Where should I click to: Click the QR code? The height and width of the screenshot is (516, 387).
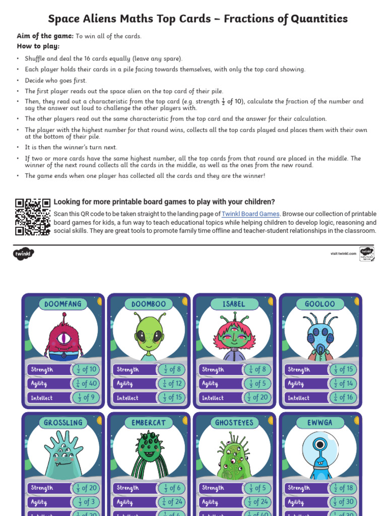(x=33, y=217)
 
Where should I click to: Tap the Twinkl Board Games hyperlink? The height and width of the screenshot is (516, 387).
(x=250, y=214)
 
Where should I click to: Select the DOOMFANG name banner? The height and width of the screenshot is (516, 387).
(x=63, y=304)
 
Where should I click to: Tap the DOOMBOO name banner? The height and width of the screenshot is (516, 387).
(x=149, y=304)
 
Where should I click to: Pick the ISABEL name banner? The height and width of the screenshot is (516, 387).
(x=234, y=304)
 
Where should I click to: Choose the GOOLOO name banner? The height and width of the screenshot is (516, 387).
(x=319, y=304)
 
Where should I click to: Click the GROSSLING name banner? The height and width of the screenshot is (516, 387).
(x=63, y=422)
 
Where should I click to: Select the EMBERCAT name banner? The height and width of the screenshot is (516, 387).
(x=149, y=422)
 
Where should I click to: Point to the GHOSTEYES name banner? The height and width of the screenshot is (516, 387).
(x=234, y=422)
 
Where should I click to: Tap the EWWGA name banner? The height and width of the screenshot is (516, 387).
(x=319, y=422)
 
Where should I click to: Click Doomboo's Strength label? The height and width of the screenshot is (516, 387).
(x=128, y=369)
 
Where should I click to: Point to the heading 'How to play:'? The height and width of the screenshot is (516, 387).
(x=38, y=46)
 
